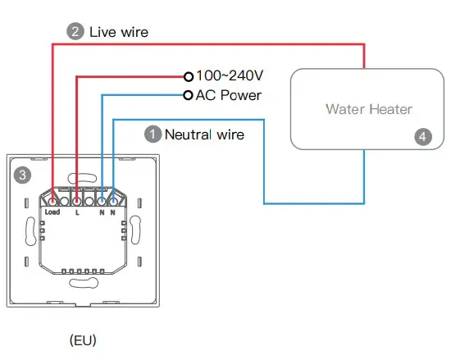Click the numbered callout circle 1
pos(153,133)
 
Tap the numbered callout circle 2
pos(76,32)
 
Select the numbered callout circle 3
pos(23,174)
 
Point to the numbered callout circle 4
pos(422,137)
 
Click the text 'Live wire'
pos(119,32)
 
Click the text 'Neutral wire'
pos(204,133)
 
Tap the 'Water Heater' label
pos(368,109)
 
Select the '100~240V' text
pos(229,75)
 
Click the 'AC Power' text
pos(228,95)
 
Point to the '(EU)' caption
pos(82,339)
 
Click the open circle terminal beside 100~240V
pos(189,75)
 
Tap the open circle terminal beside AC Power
pos(189,95)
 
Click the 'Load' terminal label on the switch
pos(52,212)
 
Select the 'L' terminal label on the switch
pos(77,212)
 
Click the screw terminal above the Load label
pos(52,199)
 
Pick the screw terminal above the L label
pos(77,199)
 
